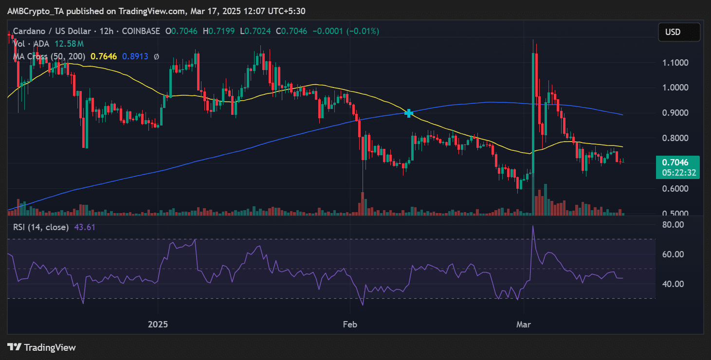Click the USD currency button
click(x=679, y=32)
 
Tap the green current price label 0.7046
click(x=675, y=162)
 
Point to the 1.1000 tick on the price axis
click(x=675, y=62)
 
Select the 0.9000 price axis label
click(x=675, y=113)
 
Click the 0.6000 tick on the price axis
click(x=675, y=189)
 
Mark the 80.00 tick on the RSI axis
click(x=673, y=225)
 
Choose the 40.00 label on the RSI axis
click(x=673, y=284)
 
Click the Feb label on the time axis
click(x=350, y=324)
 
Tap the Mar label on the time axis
click(x=524, y=324)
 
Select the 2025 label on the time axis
click(x=158, y=324)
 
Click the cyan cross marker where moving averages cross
click(x=408, y=113)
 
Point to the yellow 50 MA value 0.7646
click(x=104, y=56)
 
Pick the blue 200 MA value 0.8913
click(x=135, y=56)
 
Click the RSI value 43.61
click(x=84, y=227)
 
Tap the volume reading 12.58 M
click(x=69, y=44)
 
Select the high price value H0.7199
click(x=219, y=31)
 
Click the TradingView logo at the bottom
click(x=41, y=348)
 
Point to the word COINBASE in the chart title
click(x=141, y=31)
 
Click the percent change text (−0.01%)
click(x=363, y=31)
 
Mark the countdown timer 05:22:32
click(x=679, y=173)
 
